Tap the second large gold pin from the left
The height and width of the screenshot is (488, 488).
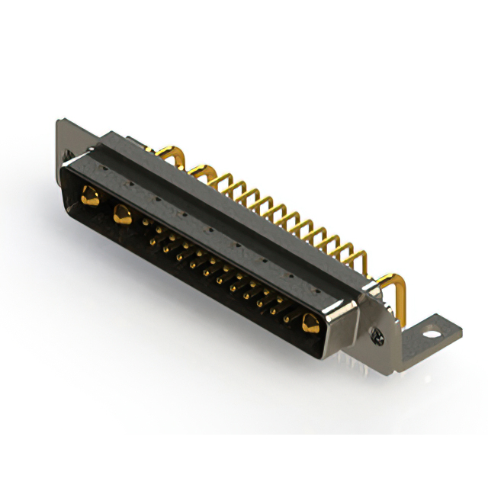coord(120,214)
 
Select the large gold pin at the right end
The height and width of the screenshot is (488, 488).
coord(310,323)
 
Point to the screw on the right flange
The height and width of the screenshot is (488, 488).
coord(376,332)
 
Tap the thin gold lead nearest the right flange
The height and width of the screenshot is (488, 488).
coord(357,255)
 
